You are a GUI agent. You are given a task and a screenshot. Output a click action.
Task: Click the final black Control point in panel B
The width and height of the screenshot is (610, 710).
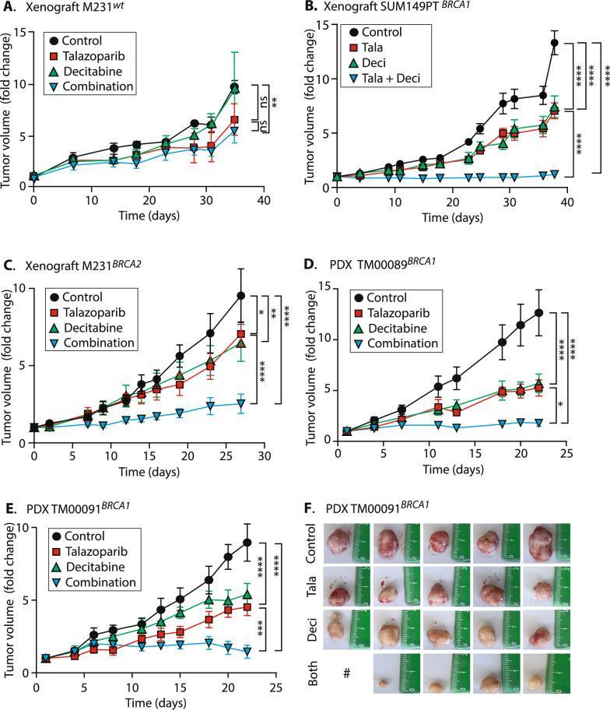coord(555,44)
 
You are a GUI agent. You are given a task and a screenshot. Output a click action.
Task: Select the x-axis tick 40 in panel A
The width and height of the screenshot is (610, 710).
coord(264,199)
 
